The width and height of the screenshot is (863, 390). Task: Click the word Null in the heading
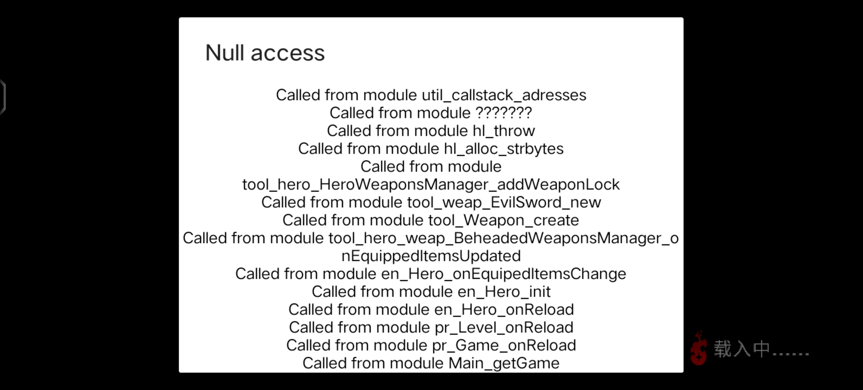coord(225,53)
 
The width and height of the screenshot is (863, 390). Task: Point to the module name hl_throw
coord(504,131)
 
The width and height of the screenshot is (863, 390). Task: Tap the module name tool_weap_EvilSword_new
coord(504,203)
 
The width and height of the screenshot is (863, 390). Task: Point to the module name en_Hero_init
coord(504,292)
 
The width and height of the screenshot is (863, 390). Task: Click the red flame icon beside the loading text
coord(699,348)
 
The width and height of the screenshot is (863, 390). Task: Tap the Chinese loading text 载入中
coord(742,349)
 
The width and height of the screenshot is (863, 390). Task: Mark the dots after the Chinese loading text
coord(790,354)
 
